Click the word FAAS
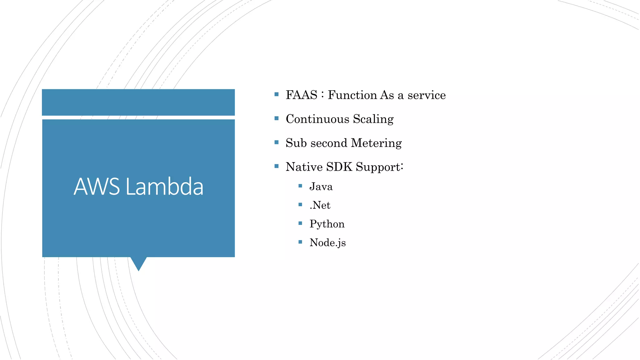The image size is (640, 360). coord(301,95)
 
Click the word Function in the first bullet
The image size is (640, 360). coord(352,95)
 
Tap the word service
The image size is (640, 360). coord(426,95)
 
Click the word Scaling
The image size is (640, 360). coord(373,119)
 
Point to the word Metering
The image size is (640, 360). coord(376,143)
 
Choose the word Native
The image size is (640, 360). coord(304,167)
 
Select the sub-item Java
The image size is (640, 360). coord(321,187)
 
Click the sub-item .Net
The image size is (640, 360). coord(320,205)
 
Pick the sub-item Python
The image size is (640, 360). coord(327,224)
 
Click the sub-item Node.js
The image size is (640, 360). coord(327,243)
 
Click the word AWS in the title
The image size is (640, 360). coord(97,187)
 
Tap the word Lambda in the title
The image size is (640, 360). coord(164,187)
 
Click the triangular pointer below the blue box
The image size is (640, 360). coord(138,263)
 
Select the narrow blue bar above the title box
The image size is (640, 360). coord(138,102)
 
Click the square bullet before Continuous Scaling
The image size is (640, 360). coord(276,118)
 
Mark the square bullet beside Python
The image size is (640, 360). coord(300,223)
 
